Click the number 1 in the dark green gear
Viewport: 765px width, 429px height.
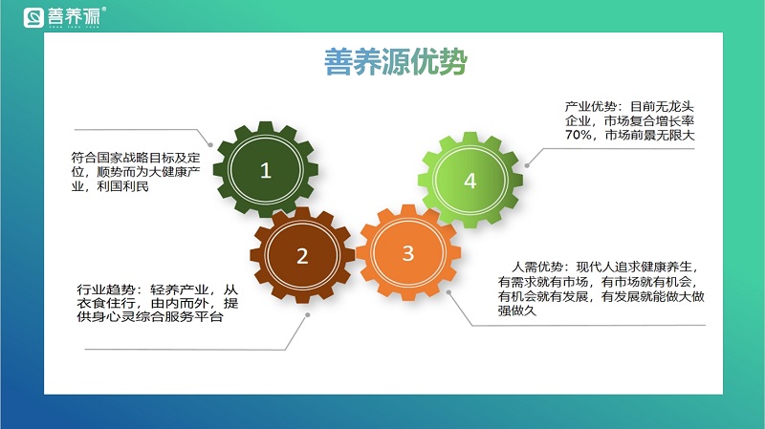click(266, 171)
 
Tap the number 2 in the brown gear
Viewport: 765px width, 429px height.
click(302, 256)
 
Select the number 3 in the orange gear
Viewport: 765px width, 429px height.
click(408, 253)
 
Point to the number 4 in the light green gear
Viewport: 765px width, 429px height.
click(470, 181)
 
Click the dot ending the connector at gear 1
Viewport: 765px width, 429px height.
click(226, 144)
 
